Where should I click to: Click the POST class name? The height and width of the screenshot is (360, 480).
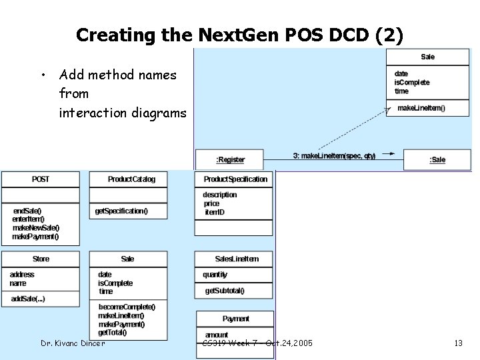tap(41, 179)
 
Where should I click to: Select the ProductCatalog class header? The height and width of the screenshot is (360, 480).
tap(131, 179)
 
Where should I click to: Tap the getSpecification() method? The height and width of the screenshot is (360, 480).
tap(121, 211)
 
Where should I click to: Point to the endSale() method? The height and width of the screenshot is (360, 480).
tap(27, 211)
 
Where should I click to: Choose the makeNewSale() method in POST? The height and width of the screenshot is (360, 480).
tap(36, 228)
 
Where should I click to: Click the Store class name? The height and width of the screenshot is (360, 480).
tap(41, 259)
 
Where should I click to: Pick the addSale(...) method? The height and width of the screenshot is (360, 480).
tap(28, 299)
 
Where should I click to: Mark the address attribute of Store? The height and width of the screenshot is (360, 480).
tap(22, 275)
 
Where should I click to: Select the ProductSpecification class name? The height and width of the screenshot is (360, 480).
tap(235, 179)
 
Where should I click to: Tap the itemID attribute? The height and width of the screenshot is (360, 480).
tap(215, 212)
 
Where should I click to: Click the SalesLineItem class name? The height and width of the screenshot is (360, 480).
tap(237, 259)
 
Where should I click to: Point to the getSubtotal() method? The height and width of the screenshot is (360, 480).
tap(225, 291)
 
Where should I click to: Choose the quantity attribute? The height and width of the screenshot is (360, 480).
tap(215, 275)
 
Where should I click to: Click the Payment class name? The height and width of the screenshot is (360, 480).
tap(236, 319)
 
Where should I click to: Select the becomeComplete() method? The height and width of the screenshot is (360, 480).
tap(127, 307)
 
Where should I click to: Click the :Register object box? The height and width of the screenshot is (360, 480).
tap(230, 160)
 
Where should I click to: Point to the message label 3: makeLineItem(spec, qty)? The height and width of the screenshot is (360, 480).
tap(334, 156)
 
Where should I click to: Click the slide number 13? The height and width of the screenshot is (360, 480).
tap(458, 343)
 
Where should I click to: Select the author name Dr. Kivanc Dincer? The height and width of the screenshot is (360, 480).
tap(73, 343)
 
